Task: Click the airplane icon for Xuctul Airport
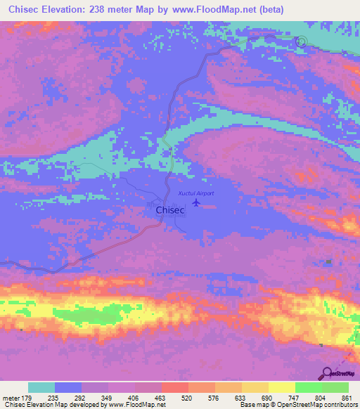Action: pyautogui.click(x=196, y=202)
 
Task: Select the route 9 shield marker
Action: pyautogui.click(x=301, y=41)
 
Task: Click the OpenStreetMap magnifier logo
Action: pyautogui.click(x=327, y=373)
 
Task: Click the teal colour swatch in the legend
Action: pyautogui.click(x=41, y=387)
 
